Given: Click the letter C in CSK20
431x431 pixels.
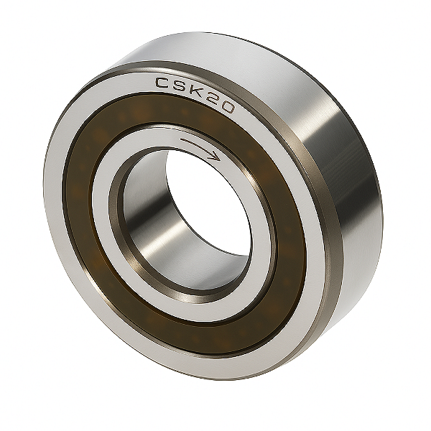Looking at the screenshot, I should (164, 84).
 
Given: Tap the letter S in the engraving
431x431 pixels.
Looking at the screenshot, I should (182, 87).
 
